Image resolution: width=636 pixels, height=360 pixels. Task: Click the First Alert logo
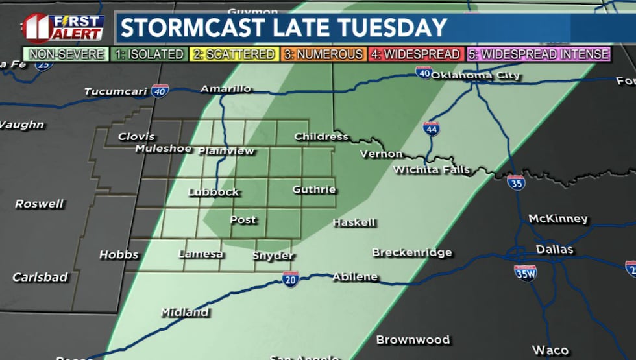[x=63, y=28]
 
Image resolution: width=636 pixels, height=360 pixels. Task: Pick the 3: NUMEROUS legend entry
[x=323, y=54]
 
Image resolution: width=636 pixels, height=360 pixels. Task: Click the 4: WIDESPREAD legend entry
[x=415, y=54]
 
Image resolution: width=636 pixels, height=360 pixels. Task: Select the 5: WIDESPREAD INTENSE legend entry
[x=539, y=54]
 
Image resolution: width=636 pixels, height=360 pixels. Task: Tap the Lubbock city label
[x=214, y=192]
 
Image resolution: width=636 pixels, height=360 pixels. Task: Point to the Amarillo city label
[x=225, y=89]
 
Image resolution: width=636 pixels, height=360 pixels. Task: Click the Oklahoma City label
[x=476, y=75]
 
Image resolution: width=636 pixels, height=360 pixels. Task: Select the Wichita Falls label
[x=430, y=170]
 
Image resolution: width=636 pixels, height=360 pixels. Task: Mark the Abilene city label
[x=354, y=277]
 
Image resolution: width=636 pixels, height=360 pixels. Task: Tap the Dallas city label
[x=554, y=250]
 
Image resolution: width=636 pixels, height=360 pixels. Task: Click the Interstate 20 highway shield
[x=291, y=279]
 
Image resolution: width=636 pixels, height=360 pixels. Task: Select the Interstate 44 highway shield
[x=431, y=128]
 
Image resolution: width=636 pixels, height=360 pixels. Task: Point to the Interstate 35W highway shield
[x=524, y=272]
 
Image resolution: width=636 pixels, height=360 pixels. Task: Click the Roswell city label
[x=40, y=204]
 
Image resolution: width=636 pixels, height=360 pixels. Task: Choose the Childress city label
[x=321, y=137]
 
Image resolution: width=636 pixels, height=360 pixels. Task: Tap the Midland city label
[x=184, y=313]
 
